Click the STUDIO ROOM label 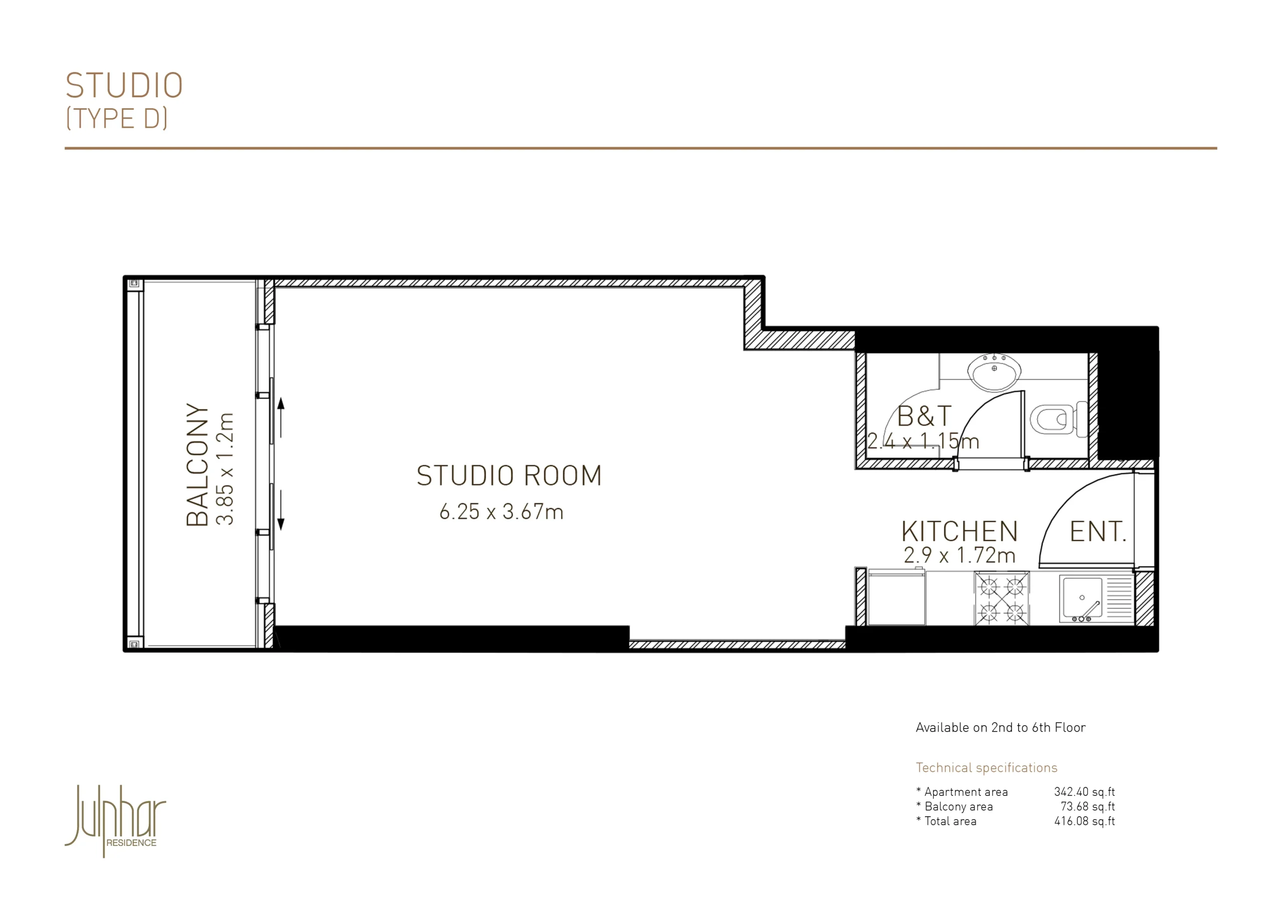509,476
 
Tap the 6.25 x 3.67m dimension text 501,511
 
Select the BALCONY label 197,465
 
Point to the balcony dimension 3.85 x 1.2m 224,469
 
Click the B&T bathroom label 924,416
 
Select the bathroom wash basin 994,371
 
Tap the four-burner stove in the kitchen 1002,598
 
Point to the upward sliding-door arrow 281,417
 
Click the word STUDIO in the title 124,85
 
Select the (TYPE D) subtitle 117,118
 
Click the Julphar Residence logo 116,820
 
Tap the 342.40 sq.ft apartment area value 1084,792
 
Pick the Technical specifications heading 987,768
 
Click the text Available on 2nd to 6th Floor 1001,727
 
